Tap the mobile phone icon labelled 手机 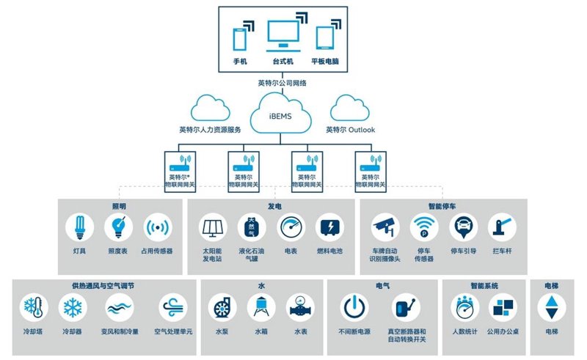pos(240,39)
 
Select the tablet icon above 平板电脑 pos(324,38)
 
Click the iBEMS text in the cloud pos(280,117)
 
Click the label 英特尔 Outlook pos(351,130)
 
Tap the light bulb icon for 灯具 pos(79,227)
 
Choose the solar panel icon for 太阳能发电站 pos(213,227)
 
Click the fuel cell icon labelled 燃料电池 pos(329,227)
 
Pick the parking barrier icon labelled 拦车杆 pos(502,227)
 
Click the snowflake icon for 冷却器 pos(73,308)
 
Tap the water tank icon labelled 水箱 pos(261,308)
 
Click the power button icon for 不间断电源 pos(354,308)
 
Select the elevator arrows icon pos(552,308)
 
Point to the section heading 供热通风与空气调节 pos(103,286)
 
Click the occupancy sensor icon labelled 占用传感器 pos(158,227)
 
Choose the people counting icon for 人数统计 pos(465,308)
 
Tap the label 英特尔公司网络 pos(282,83)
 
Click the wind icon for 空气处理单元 pos(173,308)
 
